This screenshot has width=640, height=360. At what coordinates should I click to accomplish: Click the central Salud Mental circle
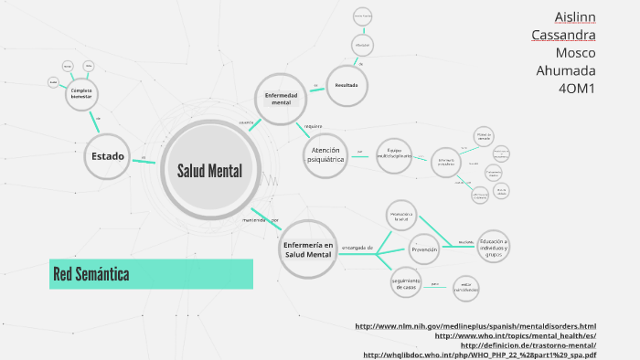[210, 171]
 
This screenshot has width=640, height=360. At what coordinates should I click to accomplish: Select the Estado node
[108, 156]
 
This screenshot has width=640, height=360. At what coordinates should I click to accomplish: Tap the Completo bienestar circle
[81, 94]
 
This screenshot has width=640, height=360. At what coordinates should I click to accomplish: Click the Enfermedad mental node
[281, 99]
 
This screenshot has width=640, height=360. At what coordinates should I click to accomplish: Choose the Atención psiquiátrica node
[325, 154]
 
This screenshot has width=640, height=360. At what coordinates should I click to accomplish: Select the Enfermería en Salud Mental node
[307, 249]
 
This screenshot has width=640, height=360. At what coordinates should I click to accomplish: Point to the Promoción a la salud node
[400, 217]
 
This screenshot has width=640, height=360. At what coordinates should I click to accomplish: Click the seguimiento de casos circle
[405, 284]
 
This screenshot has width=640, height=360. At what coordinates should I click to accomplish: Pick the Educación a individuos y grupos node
[494, 245]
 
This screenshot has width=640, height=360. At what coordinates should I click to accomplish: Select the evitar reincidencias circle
[466, 288]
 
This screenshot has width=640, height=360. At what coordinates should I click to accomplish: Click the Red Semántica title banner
[151, 273]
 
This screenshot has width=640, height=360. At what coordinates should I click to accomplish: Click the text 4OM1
[577, 89]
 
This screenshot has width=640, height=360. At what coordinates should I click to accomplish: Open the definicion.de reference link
[528, 345]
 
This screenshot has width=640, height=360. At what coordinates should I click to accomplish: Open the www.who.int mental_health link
[516, 335]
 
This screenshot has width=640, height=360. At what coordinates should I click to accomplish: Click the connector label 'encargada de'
[357, 247]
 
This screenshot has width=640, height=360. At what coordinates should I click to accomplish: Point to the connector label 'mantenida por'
[261, 220]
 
